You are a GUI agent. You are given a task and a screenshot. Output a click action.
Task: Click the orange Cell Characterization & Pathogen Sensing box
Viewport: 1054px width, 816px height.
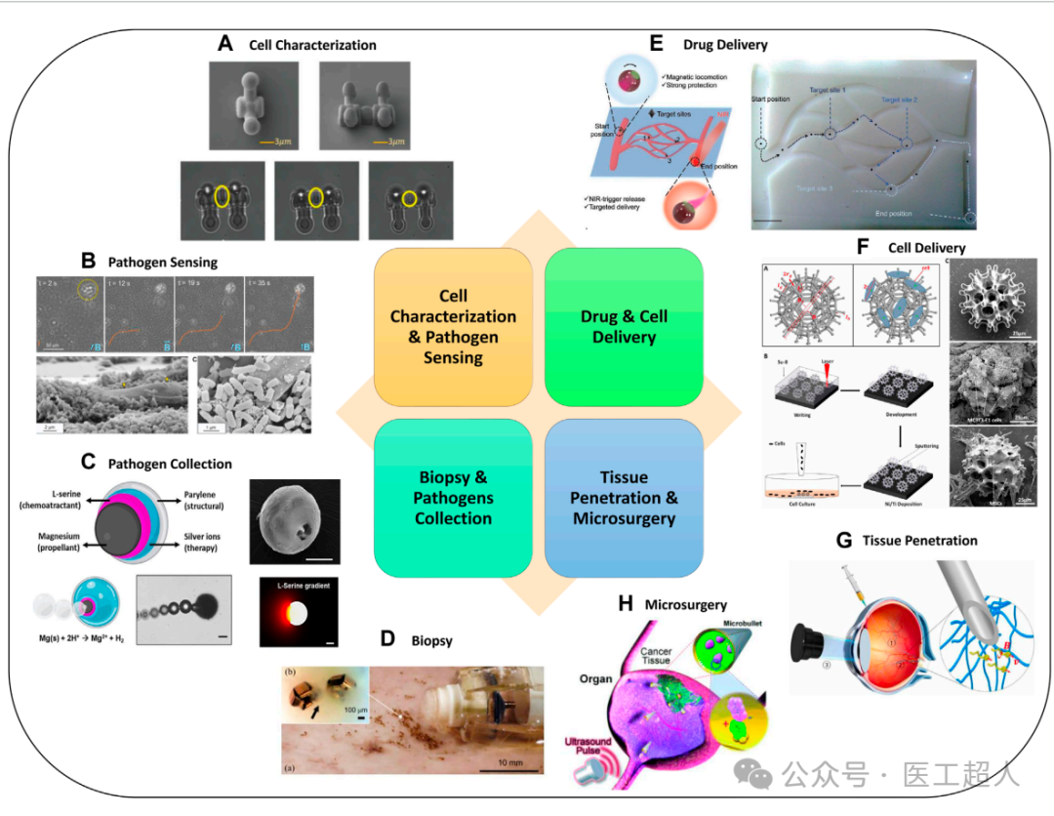pos(453,326)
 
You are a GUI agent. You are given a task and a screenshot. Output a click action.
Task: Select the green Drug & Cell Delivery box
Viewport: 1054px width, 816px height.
pos(624,326)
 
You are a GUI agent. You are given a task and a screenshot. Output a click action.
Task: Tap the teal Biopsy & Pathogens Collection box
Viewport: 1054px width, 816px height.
pos(453,497)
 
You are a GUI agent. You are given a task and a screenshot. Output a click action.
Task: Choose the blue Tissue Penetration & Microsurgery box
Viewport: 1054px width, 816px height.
pos(624,497)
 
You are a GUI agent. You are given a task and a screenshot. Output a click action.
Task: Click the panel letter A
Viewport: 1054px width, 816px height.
pos(225,44)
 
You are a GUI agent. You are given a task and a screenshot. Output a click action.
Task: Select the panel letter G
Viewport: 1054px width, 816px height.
pos(846,539)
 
